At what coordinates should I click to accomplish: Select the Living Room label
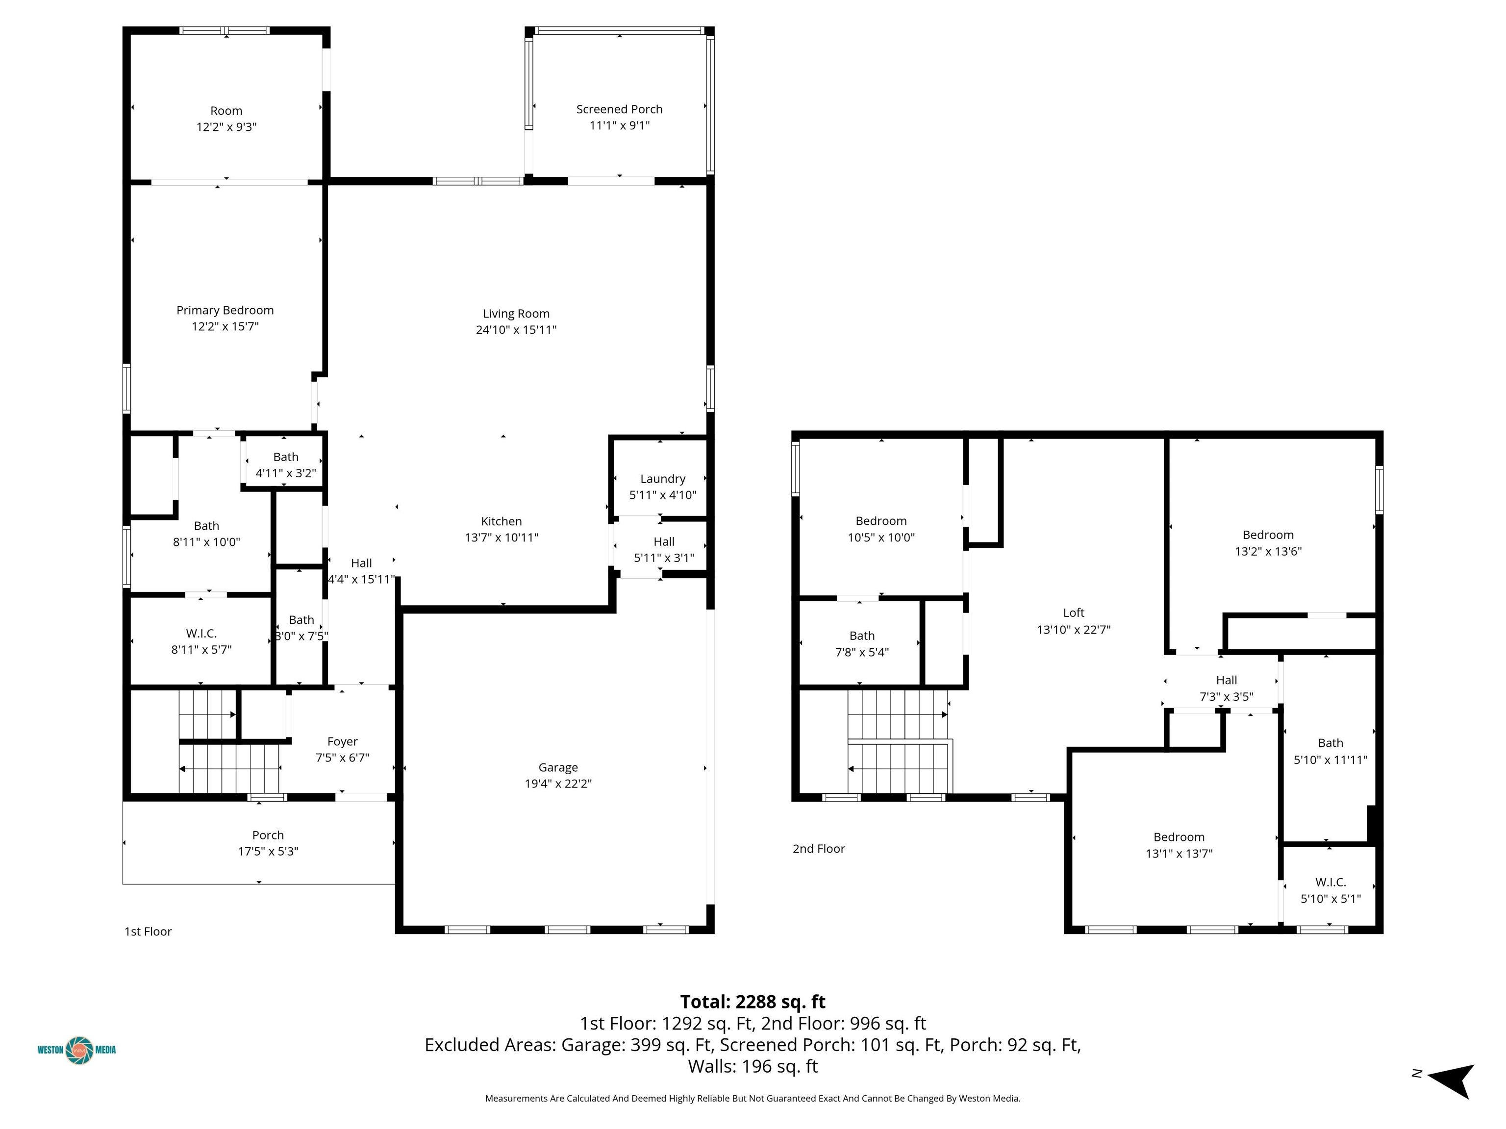point(516,314)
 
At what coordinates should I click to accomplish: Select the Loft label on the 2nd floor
point(1073,613)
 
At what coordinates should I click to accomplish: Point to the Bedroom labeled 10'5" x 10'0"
point(881,529)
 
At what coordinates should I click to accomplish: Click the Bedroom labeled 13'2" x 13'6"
point(1268,543)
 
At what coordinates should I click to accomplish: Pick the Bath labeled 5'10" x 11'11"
point(1330,751)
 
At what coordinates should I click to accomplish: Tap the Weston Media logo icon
point(79,1050)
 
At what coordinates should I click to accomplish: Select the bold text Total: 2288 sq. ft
point(753,1002)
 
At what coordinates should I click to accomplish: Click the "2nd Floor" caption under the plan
point(818,849)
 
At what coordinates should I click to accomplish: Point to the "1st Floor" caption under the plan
point(148,932)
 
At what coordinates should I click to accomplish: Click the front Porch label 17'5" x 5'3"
point(268,843)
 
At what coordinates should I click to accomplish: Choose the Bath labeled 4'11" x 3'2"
point(285,466)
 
